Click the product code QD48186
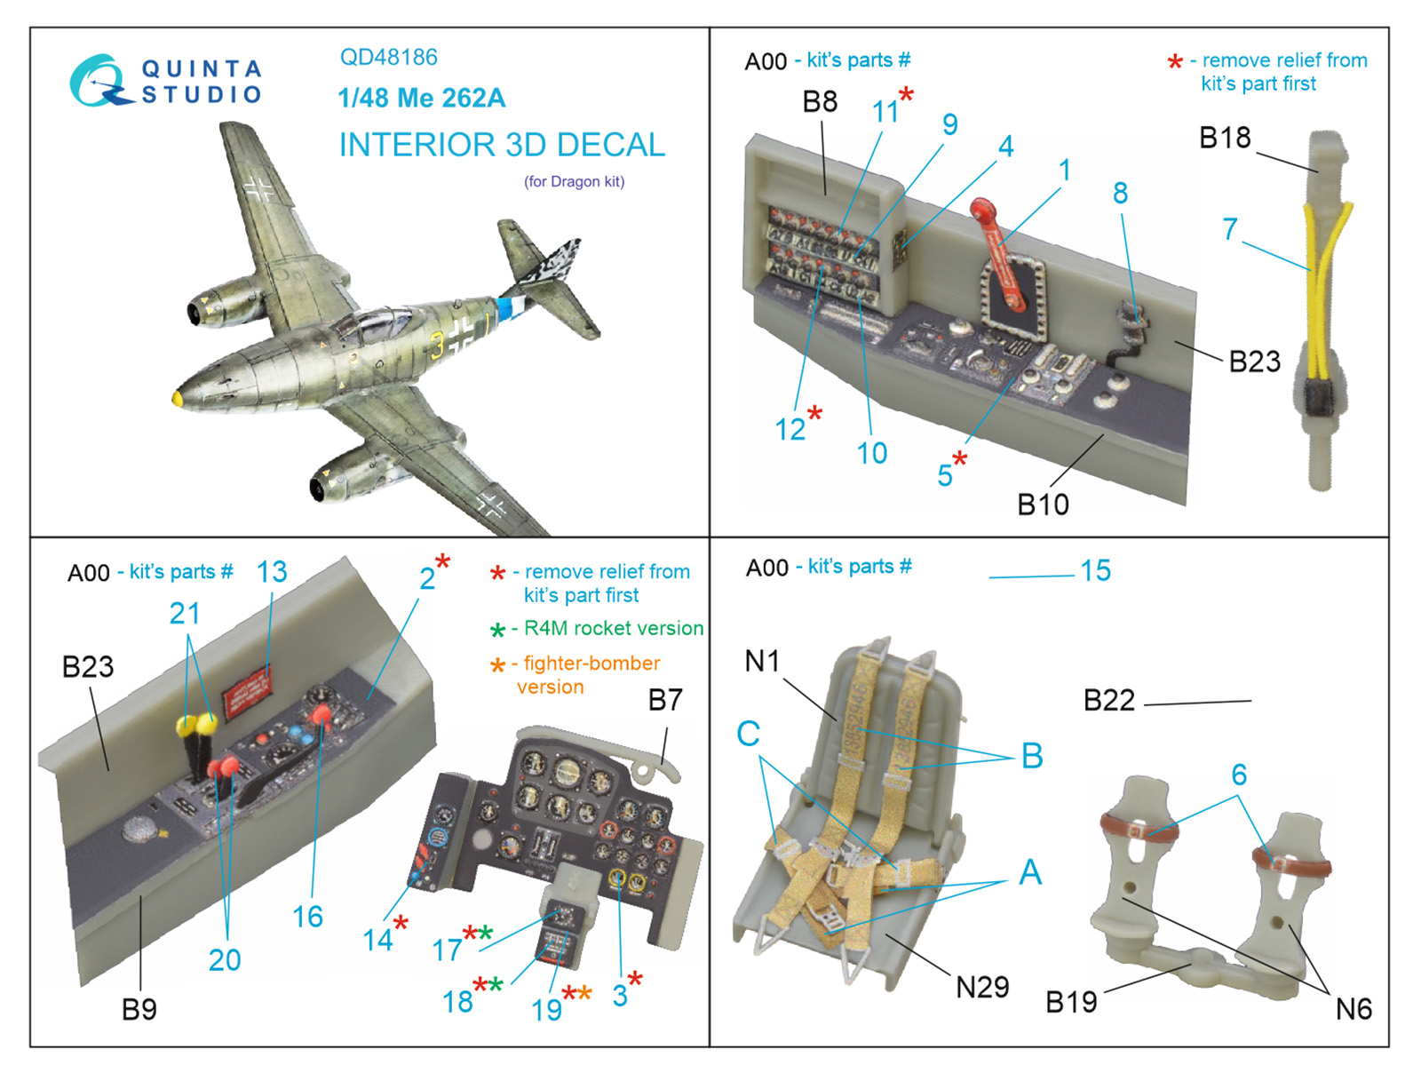(388, 58)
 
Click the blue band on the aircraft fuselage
(506, 308)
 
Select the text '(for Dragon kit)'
(574, 182)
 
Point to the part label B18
(1224, 139)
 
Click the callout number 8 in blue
(1120, 193)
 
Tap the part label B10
(1043, 505)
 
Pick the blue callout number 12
(790, 430)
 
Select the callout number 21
(185, 613)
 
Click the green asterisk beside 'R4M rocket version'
(497, 631)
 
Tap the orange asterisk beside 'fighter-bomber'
(497, 665)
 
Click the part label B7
(665, 700)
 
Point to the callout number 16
(307, 917)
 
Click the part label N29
(982, 987)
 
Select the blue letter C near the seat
(748, 734)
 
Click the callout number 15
(1095, 570)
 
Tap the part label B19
(1071, 1002)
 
